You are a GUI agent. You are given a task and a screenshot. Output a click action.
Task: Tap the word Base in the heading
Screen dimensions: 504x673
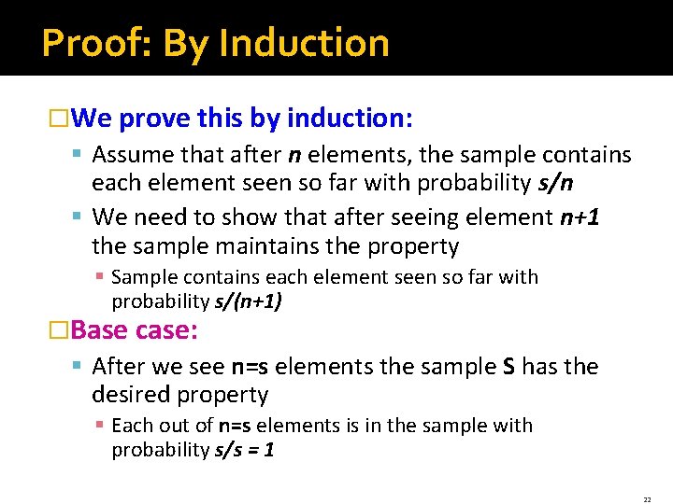pos(99,330)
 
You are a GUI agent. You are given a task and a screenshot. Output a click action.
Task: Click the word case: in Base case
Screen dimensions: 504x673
pos(166,330)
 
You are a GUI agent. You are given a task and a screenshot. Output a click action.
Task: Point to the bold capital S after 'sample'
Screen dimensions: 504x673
pos(509,366)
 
